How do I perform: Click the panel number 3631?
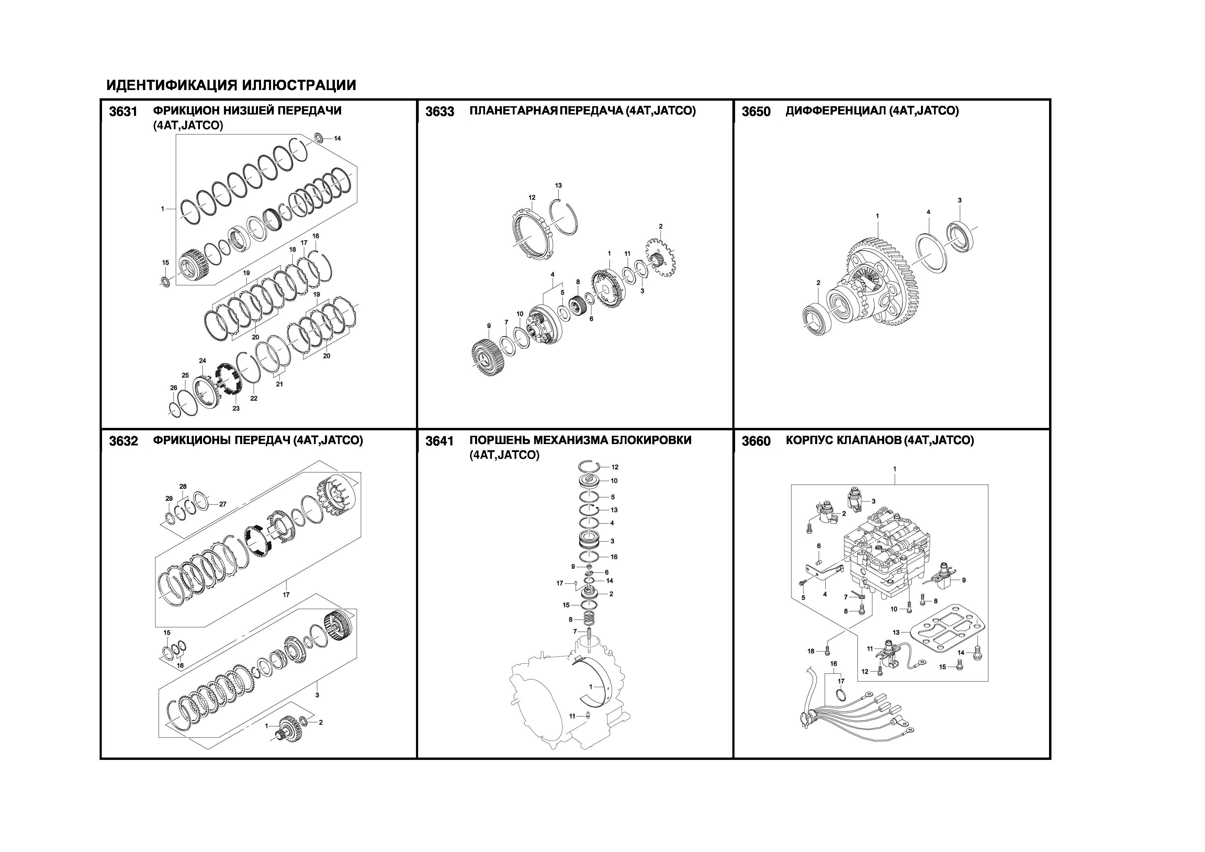123,112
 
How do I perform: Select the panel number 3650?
756,112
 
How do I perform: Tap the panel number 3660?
756,442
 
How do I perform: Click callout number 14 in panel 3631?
337,139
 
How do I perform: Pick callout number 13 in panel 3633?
559,185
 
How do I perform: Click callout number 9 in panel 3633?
488,326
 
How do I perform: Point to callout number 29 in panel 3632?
169,499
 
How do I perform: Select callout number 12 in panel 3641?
615,467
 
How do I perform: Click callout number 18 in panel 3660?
811,652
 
